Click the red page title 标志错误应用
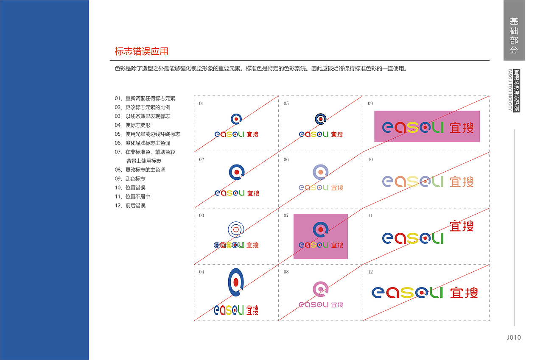tap(141, 51)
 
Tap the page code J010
tap(514, 338)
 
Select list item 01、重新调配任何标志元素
tap(145, 98)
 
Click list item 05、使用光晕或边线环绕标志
tap(147, 134)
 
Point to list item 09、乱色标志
tap(130, 179)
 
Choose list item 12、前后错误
tap(130, 206)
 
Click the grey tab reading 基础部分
tap(514, 35)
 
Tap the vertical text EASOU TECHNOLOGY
tap(510, 90)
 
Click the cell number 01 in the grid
tap(202, 103)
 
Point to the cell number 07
tap(286, 215)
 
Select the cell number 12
tap(370, 272)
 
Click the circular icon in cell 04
tap(236, 282)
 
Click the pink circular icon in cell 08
tap(320, 289)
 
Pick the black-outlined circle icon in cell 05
tap(320, 119)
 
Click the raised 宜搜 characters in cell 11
tap(462, 226)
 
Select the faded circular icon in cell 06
tap(320, 172)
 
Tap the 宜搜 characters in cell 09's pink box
tap(462, 128)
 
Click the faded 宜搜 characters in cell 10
tap(462, 181)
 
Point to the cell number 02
tap(202, 159)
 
